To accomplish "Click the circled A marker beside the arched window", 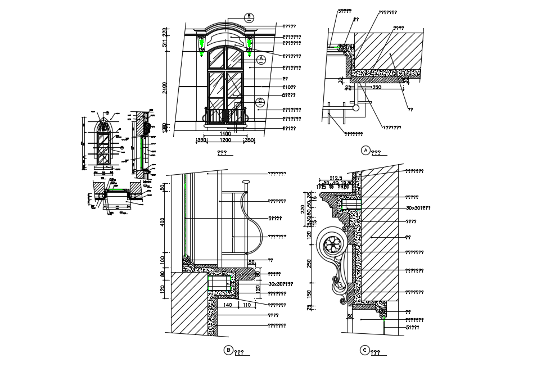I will (261, 59).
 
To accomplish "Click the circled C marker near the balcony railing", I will (260, 102).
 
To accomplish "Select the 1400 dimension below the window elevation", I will (224, 134).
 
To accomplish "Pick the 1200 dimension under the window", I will (225, 140).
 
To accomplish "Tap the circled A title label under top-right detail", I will (365, 151).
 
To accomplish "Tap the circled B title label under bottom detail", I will (228, 350).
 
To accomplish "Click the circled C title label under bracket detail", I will (364, 350).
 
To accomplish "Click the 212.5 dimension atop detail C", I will (336, 177).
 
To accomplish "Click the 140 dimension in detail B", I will (228, 305).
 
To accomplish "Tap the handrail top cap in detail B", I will (245, 182).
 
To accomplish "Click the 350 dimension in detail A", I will (376, 87).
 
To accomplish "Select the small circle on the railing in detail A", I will (355, 107).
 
